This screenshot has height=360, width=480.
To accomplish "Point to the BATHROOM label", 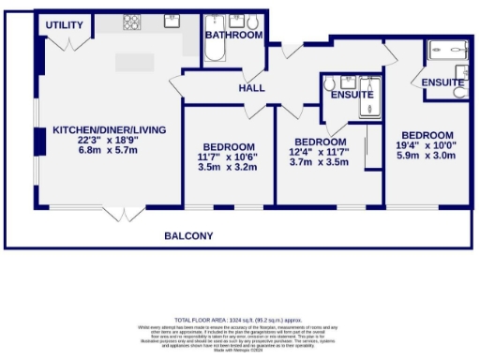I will (234, 35).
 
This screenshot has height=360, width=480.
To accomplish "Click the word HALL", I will (251, 87).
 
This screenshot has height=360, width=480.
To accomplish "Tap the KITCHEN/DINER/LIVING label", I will (105, 130).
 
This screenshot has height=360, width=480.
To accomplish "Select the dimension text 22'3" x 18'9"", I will (105, 141).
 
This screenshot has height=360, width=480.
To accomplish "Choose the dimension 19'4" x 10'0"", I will (427, 145).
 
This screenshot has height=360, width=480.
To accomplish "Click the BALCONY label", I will (189, 235).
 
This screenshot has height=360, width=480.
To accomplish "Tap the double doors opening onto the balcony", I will (116, 215).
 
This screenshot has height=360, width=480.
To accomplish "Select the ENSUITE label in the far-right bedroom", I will (442, 83).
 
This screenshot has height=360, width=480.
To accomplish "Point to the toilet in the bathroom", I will (257, 20).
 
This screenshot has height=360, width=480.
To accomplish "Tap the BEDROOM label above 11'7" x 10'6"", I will (229, 147).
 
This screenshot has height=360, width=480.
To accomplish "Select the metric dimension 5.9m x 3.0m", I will (427, 156).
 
